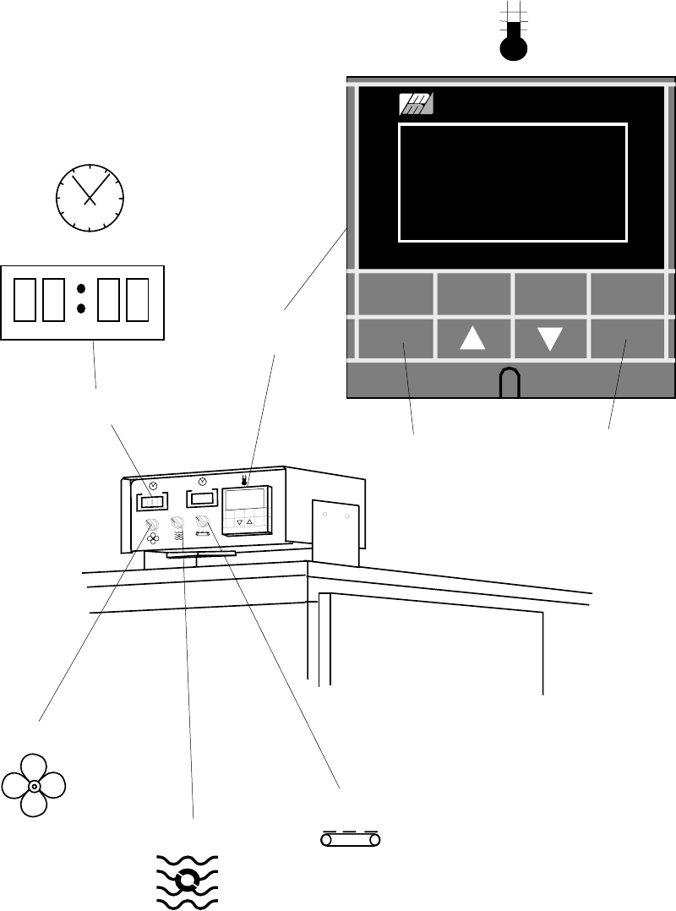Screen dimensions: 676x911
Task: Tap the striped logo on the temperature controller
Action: tap(416, 104)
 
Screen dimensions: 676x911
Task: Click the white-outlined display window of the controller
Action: tap(512, 182)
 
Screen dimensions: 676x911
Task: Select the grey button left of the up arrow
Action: tap(395, 338)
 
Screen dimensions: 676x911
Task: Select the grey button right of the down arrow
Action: tap(626, 338)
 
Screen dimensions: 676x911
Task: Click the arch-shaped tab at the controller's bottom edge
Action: tap(510, 383)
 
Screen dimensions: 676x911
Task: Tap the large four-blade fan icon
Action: tap(34, 785)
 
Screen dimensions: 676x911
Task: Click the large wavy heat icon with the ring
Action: tap(188, 881)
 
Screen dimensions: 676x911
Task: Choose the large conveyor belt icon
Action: tap(351, 839)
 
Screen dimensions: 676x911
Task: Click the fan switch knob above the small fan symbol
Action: tap(152, 524)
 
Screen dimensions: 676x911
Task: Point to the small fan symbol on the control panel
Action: tap(153, 538)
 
